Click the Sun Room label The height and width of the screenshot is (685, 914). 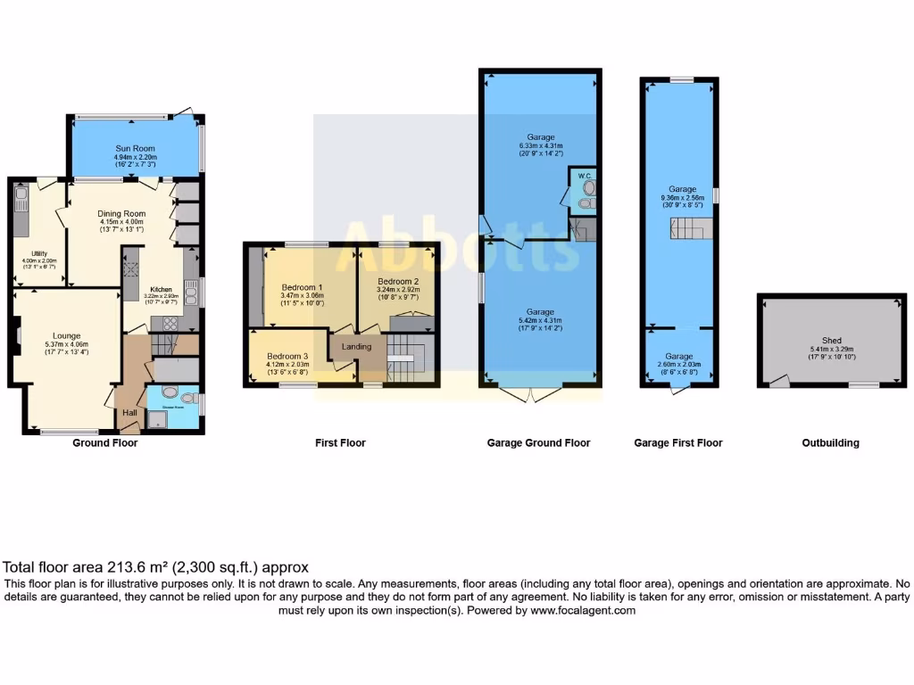click(135, 147)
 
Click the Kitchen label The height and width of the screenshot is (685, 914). click(161, 289)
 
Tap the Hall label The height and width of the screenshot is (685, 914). click(130, 413)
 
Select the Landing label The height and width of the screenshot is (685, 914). click(356, 346)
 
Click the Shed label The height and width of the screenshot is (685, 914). click(832, 340)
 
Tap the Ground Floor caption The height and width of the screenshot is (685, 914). click(105, 442)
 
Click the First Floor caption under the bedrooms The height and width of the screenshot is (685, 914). click(340, 442)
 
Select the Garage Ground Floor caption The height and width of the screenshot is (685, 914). click(538, 442)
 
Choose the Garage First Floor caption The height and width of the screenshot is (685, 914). click(678, 442)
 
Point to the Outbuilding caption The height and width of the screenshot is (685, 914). click(831, 442)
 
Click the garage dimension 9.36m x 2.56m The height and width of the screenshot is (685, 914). click(682, 198)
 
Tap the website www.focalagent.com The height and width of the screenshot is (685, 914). click(583, 611)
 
